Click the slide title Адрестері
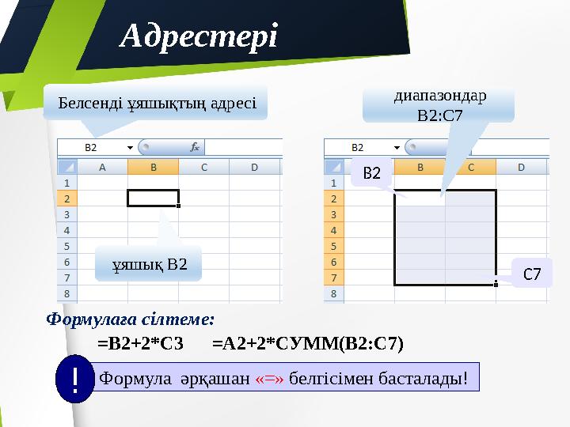pos(198,36)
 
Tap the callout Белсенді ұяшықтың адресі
pos(156,104)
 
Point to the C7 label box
pos(532,274)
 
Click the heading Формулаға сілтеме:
pos(131,319)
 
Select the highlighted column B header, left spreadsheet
pos(153,167)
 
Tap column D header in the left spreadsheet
pos(254,167)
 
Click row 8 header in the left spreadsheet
pos(67,293)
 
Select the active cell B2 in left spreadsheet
pos(153,198)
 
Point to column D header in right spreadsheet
pos(522,167)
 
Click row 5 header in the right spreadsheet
pos(334,246)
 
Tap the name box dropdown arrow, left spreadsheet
pos(129,147)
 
